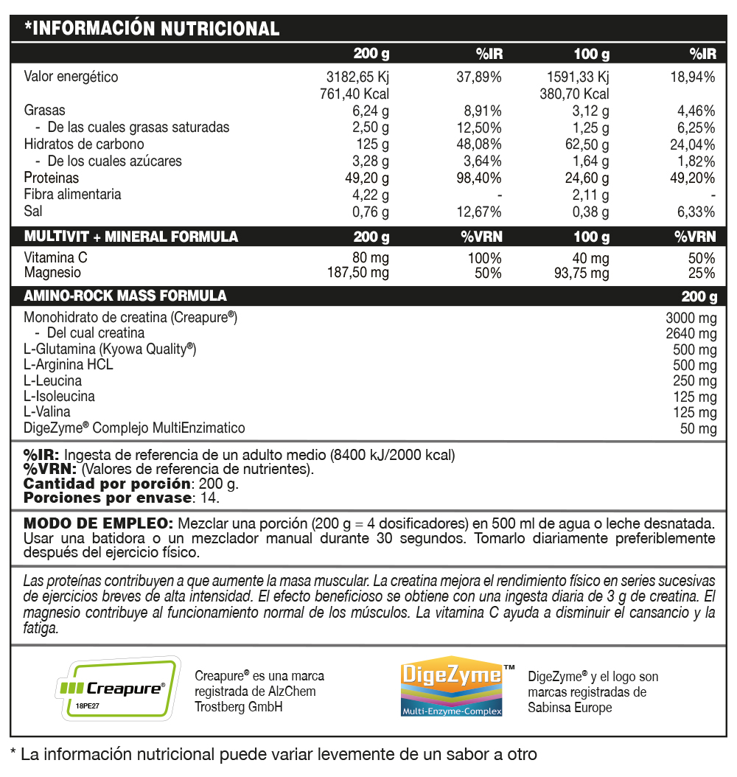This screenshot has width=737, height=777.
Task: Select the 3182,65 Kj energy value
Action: [357, 77]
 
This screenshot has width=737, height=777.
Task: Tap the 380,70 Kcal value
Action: [574, 94]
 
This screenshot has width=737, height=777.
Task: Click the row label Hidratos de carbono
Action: [84, 144]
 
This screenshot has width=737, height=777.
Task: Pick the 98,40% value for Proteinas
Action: [479, 178]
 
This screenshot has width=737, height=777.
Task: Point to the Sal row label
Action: [33, 212]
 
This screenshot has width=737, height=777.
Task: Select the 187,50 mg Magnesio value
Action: [357, 273]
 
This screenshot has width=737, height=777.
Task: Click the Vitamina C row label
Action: [56, 258]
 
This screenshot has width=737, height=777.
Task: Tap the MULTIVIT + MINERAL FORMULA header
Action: [131, 237]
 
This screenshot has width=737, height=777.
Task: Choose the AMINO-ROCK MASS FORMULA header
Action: [125, 296]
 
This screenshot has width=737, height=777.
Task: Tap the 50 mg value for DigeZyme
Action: [698, 429]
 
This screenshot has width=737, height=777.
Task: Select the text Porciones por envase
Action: [107, 498]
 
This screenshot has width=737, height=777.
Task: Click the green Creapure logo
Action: [118, 687]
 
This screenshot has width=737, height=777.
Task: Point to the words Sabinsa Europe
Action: [570, 708]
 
